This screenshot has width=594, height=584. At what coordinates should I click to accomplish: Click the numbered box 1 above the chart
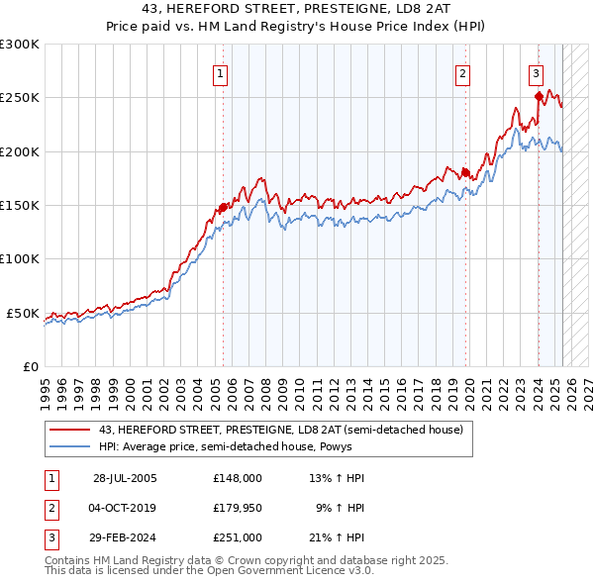[x=219, y=72]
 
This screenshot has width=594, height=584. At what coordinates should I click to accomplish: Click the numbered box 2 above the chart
[x=462, y=72]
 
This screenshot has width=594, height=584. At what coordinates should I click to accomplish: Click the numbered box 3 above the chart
[x=536, y=72]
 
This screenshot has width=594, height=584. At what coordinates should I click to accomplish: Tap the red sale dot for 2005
[x=224, y=208]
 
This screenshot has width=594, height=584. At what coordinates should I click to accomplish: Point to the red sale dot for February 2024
[x=539, y=96]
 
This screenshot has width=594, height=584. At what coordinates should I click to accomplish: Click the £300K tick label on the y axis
[x=20, y=45]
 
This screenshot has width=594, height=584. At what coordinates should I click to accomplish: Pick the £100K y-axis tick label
[x=20, y=259]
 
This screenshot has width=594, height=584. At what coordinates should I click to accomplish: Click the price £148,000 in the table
[x=237, y=478]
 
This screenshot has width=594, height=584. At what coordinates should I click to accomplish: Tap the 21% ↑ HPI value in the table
[x=336, y=539]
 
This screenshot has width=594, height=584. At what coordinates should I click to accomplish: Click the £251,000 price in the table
[x=237, y=539]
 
